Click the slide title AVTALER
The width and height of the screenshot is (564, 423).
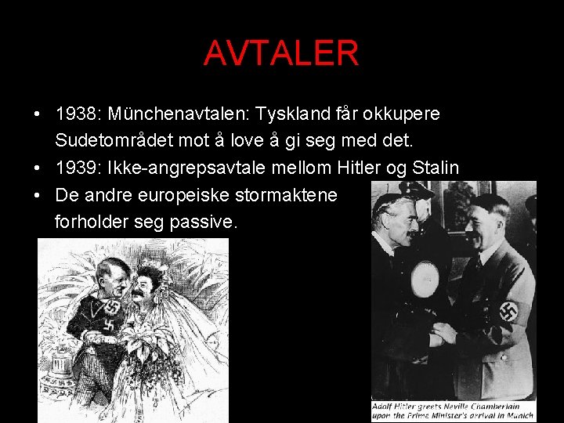tap(281, 53)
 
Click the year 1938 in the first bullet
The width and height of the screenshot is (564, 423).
tap(75, 114)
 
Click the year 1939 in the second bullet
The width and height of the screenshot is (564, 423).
tap(75, 168)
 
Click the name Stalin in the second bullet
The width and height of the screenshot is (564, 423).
tap(436, 168)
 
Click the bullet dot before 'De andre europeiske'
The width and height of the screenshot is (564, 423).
tap(38, 195)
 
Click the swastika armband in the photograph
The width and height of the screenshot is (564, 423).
tap(510, 311)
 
